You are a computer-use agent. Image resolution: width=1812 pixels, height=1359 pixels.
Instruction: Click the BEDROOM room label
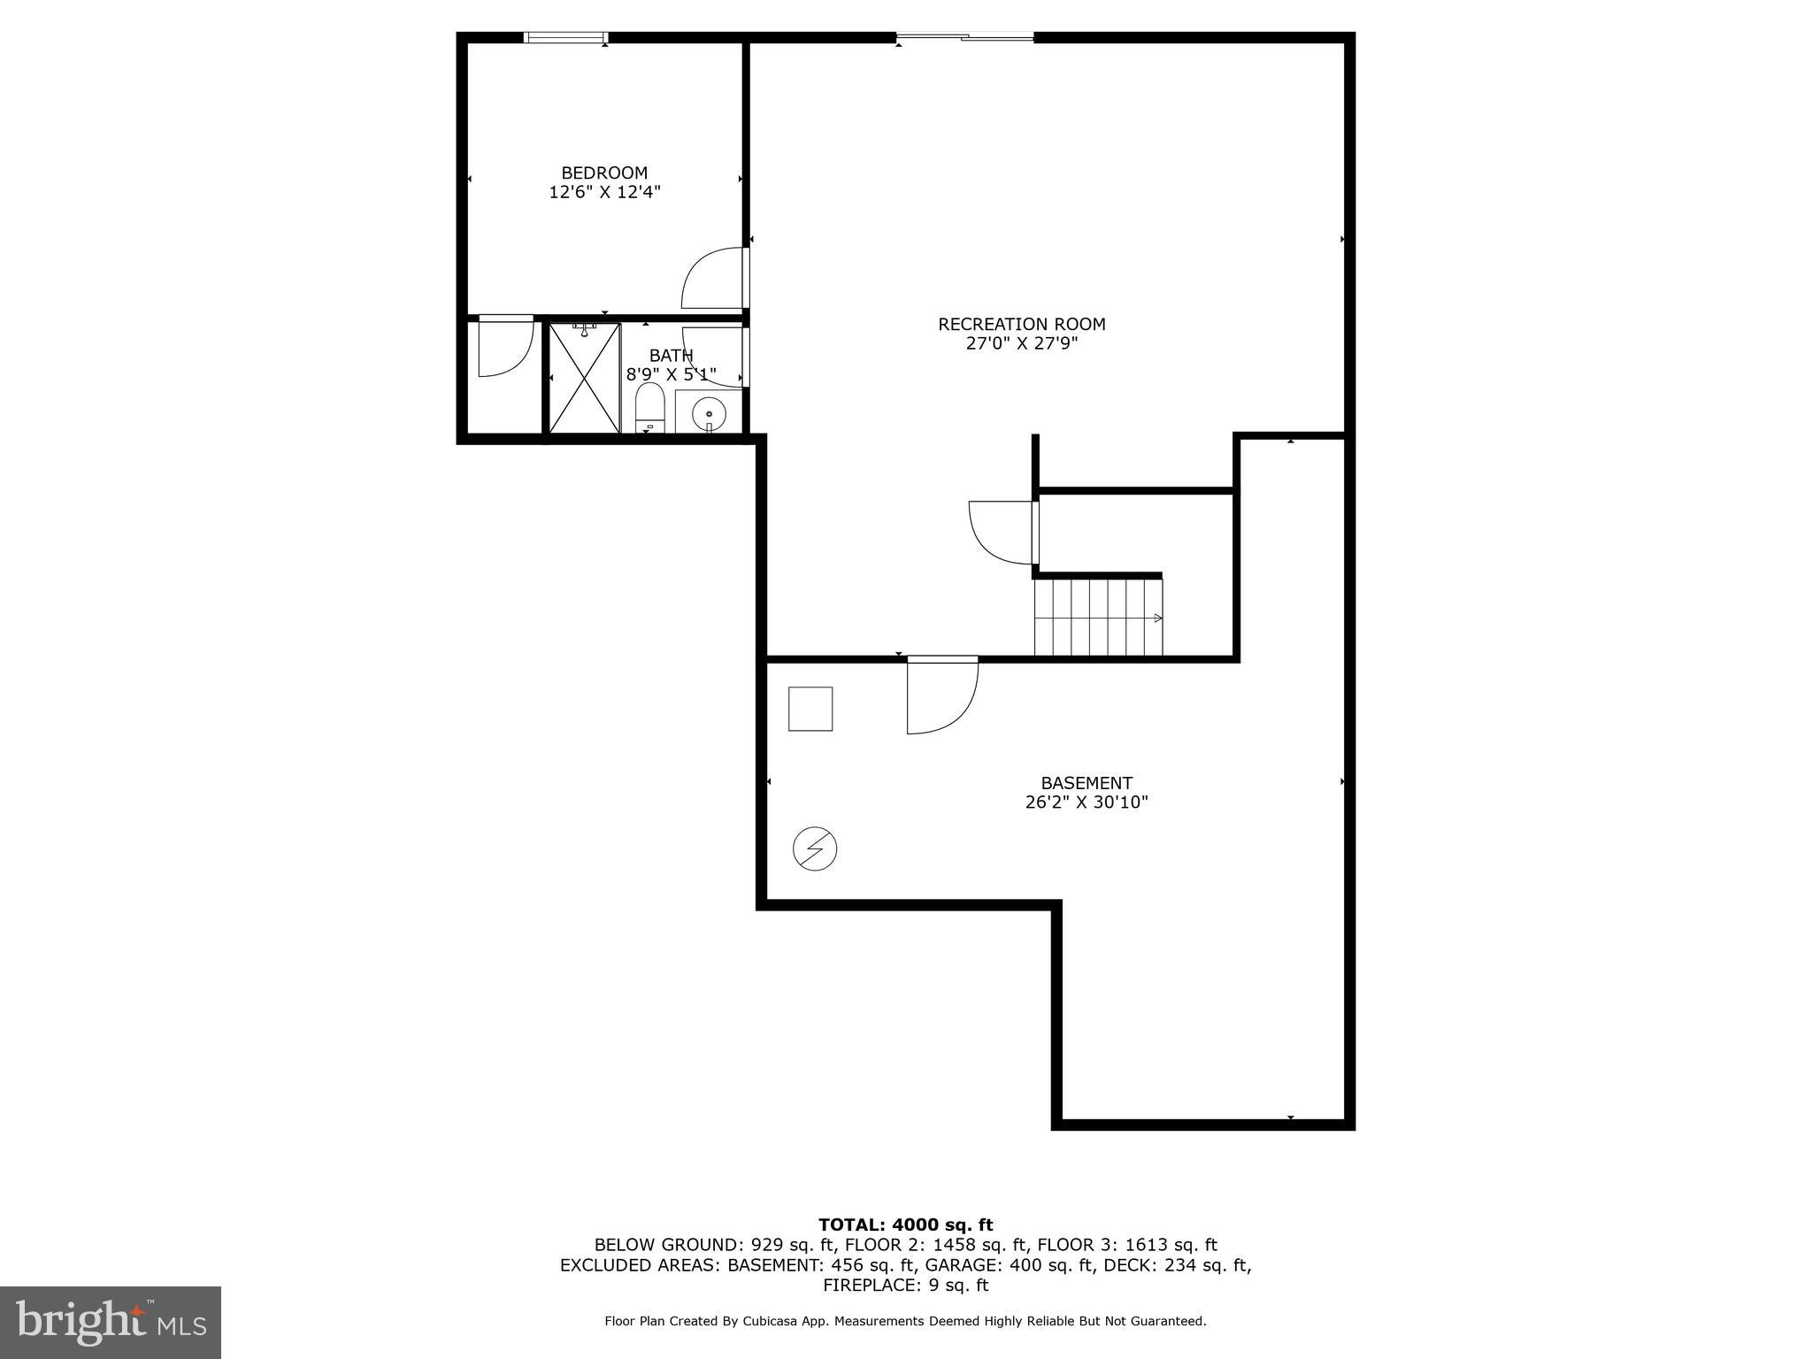click(604, 173)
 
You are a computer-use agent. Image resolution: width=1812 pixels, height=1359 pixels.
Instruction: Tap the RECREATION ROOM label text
click(1021, 324)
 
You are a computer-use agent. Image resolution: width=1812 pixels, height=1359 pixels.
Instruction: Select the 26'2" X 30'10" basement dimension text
click(1086, 802)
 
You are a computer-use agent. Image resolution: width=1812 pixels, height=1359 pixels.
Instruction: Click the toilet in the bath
click(649, 409)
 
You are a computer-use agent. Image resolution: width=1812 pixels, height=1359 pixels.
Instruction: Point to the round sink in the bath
click(708, 413)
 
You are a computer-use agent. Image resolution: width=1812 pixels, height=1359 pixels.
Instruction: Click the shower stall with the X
click(584, 379)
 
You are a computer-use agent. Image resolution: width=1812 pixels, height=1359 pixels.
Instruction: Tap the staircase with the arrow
click(1098, 617)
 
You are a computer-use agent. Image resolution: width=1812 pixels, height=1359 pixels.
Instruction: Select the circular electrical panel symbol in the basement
click(815, 849)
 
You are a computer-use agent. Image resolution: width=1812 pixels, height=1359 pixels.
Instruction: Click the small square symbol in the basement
click(810, 709)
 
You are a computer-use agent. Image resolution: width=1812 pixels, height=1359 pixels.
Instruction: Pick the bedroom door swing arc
click(713, 278)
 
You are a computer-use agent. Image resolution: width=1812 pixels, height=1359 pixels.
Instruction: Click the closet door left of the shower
click(505, 345)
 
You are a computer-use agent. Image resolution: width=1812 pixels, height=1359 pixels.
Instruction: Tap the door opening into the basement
click(941, 695)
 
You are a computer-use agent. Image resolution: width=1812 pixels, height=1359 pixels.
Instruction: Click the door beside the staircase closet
click(1003, 532)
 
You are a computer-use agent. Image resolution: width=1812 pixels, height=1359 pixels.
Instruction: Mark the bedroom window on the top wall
click(565, 37)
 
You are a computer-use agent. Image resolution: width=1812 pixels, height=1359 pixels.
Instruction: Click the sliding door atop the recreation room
click(964, 37)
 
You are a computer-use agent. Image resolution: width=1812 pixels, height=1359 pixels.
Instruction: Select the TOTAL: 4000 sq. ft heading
click(905, 1225)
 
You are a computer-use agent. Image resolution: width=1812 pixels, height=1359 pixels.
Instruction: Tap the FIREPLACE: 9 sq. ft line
click(905, 1285)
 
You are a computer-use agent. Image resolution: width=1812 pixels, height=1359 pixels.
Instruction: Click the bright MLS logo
click(111, 1323)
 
